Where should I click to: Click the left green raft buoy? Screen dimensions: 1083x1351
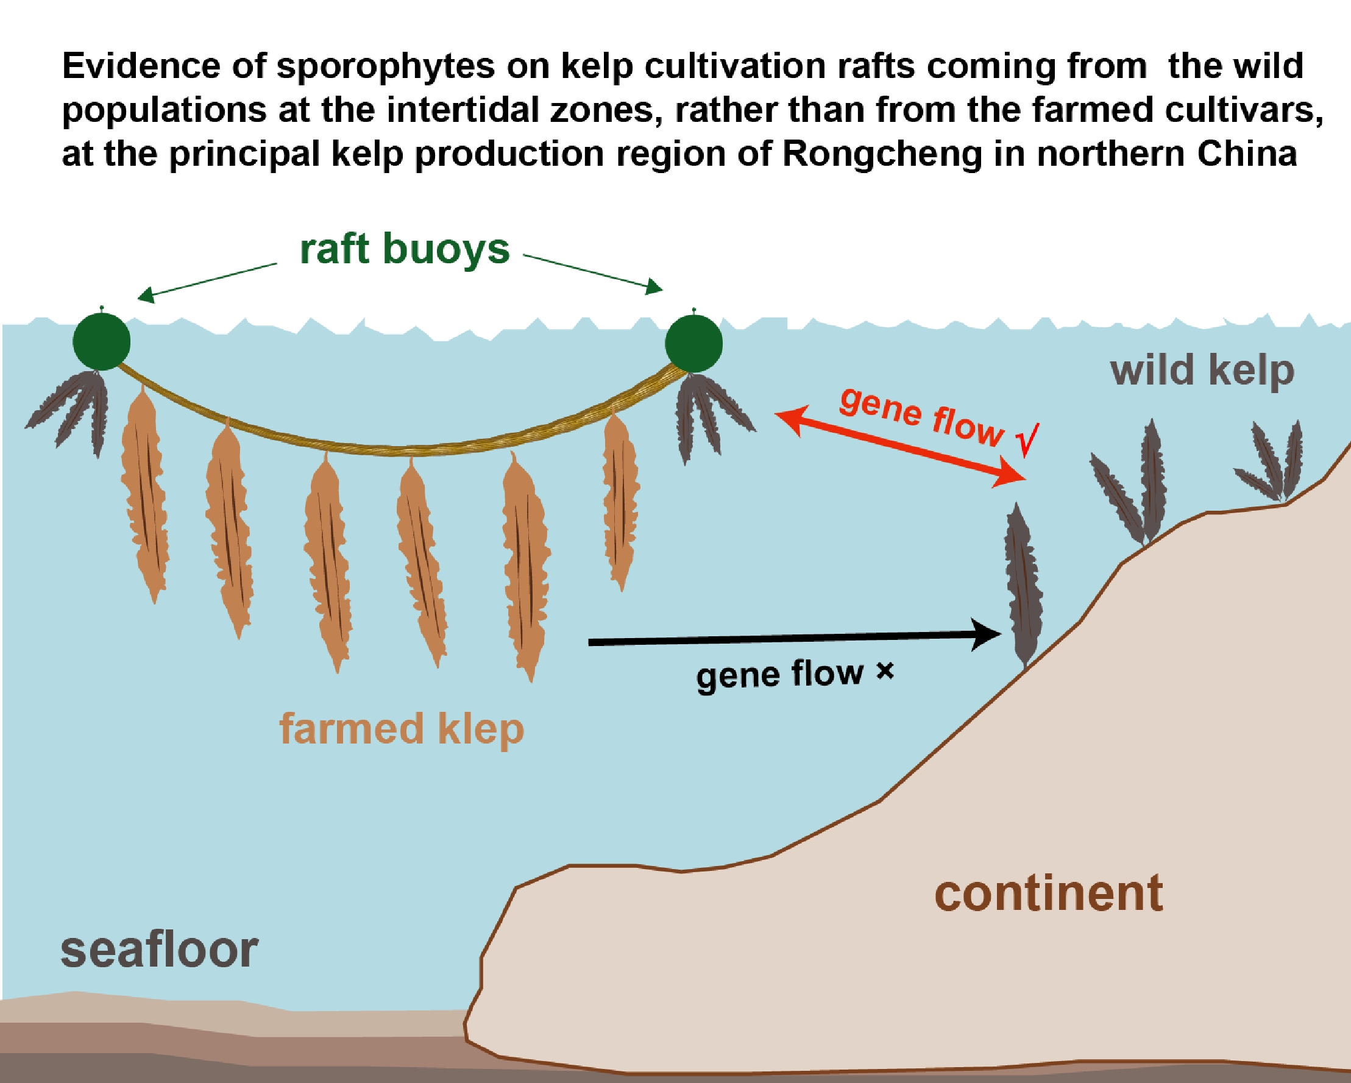coord(102,341)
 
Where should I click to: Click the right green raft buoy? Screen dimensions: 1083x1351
coord(693,344)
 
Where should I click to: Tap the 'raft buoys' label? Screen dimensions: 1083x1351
coord(404,250)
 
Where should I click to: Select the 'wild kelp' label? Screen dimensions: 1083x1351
coord(1201,371)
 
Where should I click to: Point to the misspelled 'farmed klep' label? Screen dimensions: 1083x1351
coord(401,729)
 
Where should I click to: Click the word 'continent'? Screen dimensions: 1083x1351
coord(1048,893)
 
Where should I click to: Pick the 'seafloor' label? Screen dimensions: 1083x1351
coord(159,950)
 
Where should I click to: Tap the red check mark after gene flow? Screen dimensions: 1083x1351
coord(1028,439)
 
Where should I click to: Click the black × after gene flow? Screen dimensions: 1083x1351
coord(885,672)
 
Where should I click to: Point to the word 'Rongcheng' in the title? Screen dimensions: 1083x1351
coord(881,154)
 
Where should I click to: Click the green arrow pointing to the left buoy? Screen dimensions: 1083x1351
coord(207,280)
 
